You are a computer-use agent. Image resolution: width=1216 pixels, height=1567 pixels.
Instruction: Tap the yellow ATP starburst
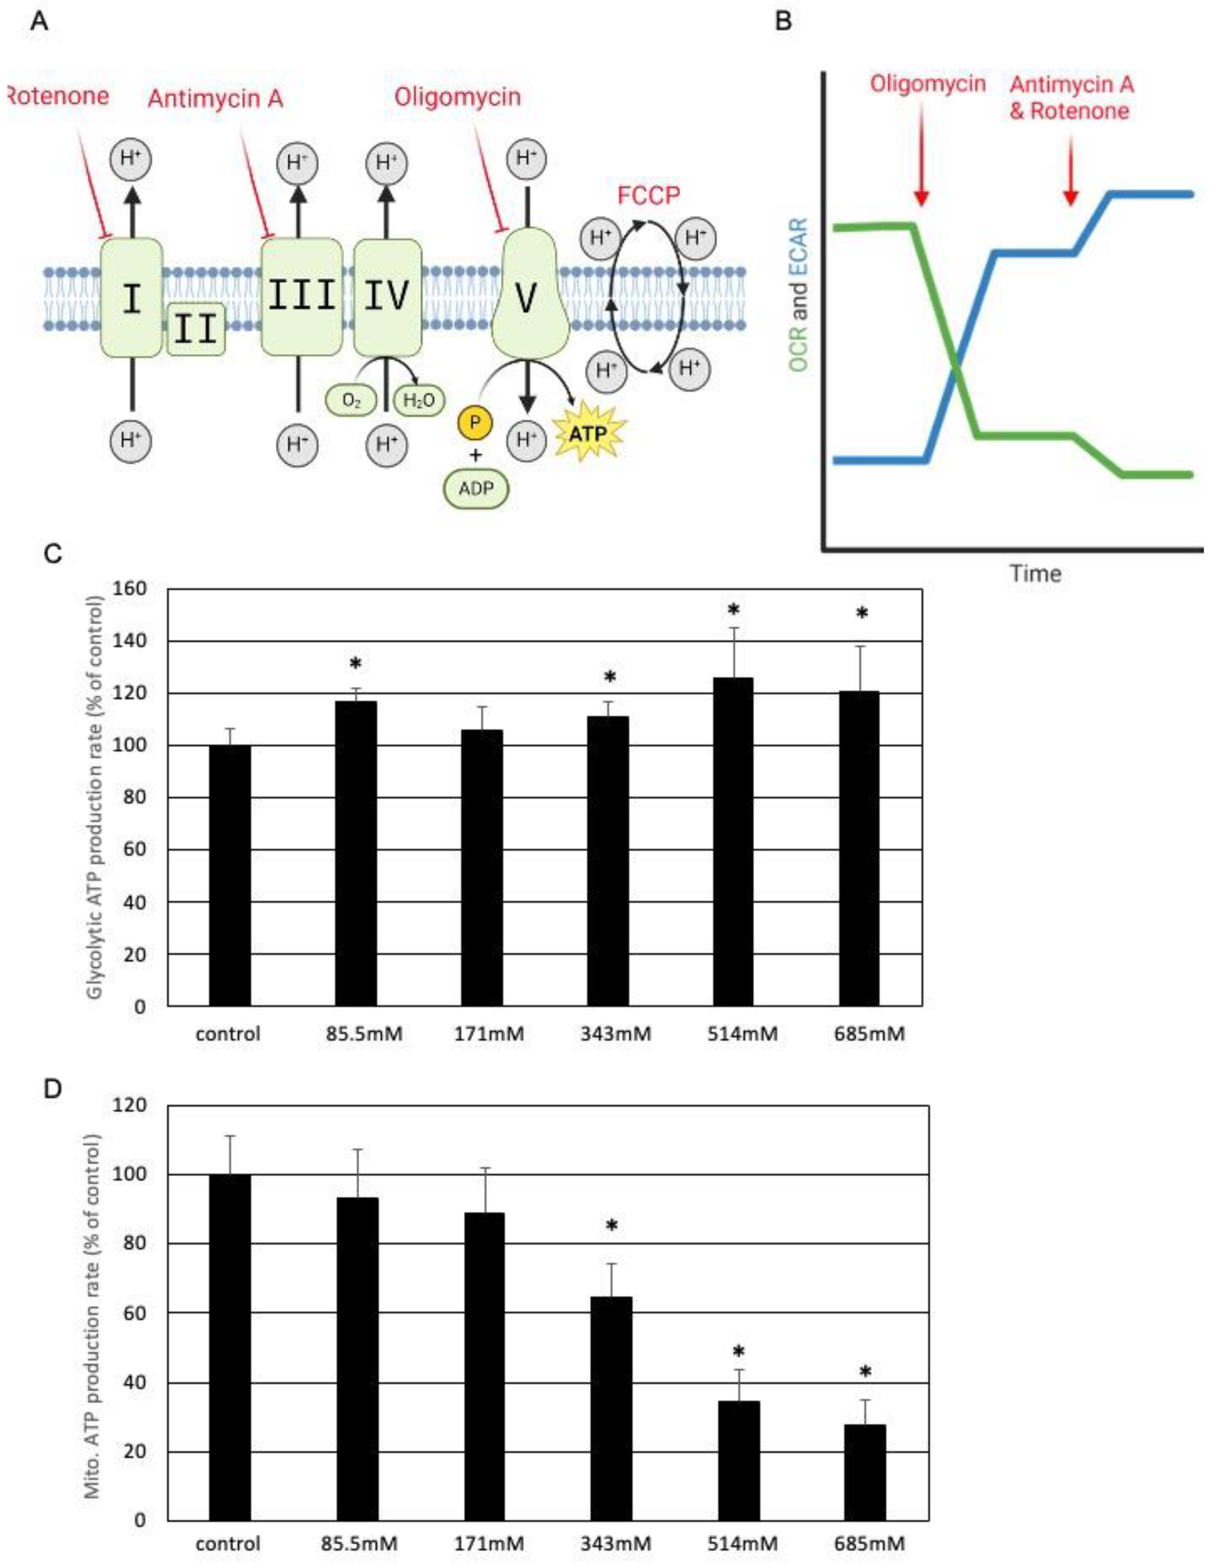tap(588, 432)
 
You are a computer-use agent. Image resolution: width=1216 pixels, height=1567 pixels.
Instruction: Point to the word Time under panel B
tap(1035, 573)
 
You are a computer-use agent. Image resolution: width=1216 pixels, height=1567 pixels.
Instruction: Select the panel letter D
tap(53, 1089)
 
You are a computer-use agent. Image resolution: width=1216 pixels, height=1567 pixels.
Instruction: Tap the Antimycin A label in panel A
tap(215, 98)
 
